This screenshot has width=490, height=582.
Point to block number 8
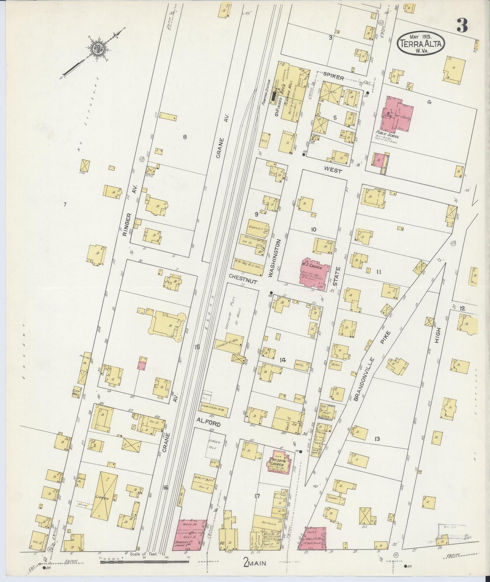click(185, 137)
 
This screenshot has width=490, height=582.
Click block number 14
click(282, 360)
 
